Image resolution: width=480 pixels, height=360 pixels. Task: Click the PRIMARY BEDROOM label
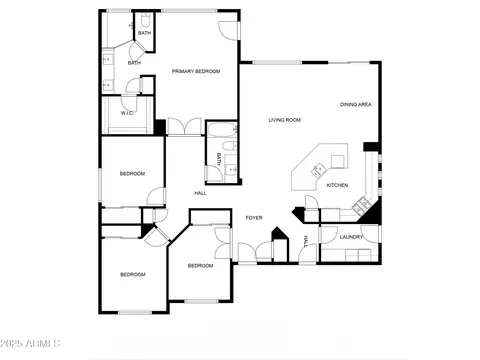point(196,71)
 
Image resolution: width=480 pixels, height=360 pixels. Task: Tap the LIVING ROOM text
point(285,120)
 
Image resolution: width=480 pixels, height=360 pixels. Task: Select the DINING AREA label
point(356,104)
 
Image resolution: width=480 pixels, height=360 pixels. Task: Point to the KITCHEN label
point(337,185)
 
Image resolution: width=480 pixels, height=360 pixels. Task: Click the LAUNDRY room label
point(351,237)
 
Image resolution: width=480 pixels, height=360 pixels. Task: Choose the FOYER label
point(254,218)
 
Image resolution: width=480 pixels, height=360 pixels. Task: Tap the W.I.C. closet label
point(127,113)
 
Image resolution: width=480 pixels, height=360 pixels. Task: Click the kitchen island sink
point(318,170)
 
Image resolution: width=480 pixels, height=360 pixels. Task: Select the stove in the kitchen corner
point(361,204)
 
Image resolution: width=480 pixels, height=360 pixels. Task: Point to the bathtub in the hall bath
point(222,130)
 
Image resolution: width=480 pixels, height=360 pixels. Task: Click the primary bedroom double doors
point(184,127)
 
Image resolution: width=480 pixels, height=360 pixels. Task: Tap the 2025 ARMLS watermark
point(30,343)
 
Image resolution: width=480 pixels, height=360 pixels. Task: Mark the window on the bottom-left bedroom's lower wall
point(135,312)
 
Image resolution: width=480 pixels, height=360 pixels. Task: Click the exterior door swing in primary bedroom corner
point(229,31)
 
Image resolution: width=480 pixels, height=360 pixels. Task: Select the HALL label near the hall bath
point(200,193)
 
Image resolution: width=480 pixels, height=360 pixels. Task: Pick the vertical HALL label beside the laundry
point(306,241)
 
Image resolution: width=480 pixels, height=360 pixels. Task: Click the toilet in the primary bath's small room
point(145,20)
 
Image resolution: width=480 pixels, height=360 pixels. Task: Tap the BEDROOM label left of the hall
point(132,173)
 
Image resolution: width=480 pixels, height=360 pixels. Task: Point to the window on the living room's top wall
point(277,62)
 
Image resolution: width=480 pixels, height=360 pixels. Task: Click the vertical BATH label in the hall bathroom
point(219,159)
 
